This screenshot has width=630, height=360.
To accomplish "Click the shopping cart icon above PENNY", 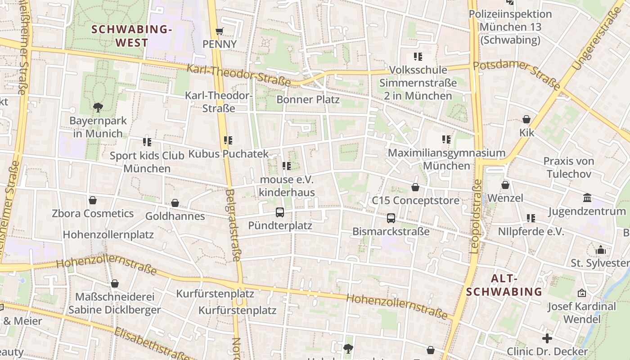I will [x=219, y=31].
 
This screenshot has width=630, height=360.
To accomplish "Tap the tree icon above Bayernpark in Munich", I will [x=98, y=107].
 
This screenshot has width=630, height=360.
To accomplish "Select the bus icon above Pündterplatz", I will [x=280, y=212].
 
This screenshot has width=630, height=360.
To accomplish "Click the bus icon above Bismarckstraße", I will [x=391, y=218].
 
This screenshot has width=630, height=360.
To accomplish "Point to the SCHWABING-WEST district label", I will [x=132, y=36].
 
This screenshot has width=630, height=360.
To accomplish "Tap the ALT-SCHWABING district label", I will [x=504, y=285].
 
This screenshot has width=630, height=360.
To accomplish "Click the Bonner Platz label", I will [x=308, y=99].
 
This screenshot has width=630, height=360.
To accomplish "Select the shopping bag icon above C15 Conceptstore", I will [x=415, y=187].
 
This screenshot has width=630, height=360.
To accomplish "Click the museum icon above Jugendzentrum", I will [x=587, y=198].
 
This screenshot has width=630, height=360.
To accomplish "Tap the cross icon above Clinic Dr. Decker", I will [x=547, y=338].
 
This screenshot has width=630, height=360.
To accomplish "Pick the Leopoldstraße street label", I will [x=476, y=216].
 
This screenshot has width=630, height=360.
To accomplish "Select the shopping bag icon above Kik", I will [x=526, y=119].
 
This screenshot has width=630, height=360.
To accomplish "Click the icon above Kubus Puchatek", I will [x=228, y=140].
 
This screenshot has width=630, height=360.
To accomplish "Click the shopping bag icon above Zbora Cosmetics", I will [x=93, y=200].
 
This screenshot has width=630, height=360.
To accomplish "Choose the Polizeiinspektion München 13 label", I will [x=510, y=27].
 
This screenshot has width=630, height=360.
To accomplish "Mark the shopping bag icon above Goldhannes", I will [x=175, y=203].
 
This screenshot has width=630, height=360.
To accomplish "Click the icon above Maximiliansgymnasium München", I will [x=446, y=139].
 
